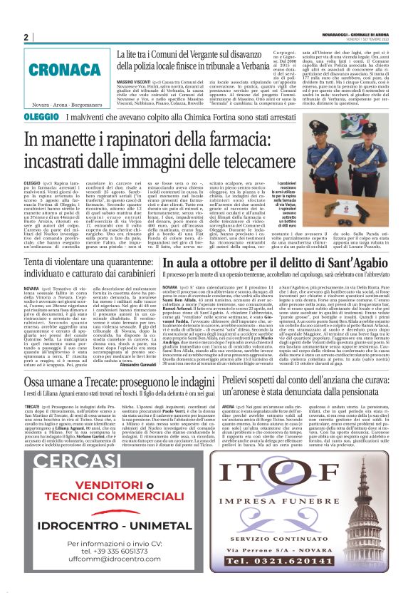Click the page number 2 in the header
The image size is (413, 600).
click(x=26, y=37)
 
